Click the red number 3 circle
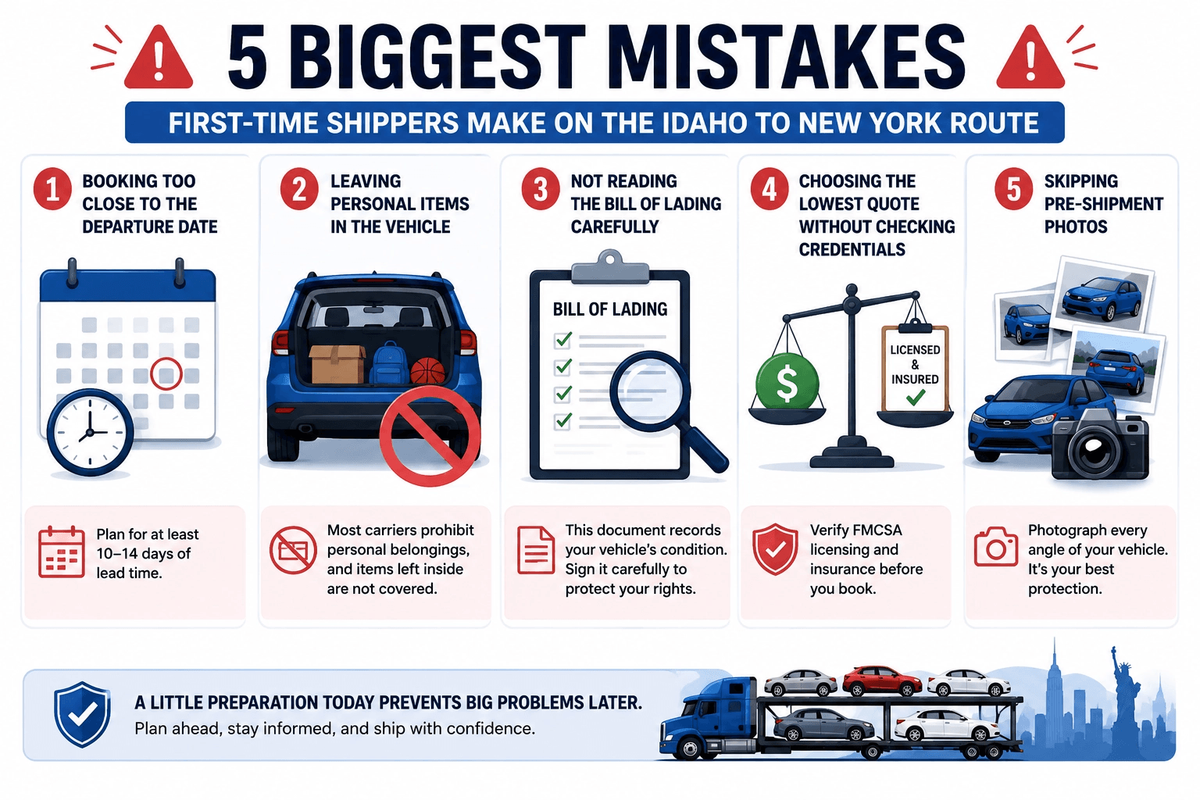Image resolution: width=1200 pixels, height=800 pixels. [x=541, y=190]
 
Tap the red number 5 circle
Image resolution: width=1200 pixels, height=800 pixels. [x=1013, y=190]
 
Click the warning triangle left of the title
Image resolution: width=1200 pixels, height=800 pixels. [x=159, y=58]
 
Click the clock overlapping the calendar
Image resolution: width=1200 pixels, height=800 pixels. [x=90, y=432]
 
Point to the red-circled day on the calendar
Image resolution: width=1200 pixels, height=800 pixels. [x=166, y=373]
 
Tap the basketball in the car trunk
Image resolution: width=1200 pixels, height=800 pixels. [x=427, y=371]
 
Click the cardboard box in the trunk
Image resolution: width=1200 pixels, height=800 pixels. [x=337, y=364]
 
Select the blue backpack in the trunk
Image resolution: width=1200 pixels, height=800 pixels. [x=390, y=363]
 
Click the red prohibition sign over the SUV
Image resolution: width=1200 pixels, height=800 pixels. [x=430, y=436]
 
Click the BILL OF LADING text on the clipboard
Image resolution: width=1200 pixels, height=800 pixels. [x=609, y=309]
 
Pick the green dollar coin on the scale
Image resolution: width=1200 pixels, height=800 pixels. [x=787, y=383]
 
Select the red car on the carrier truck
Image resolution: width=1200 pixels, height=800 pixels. [x=882, y=680]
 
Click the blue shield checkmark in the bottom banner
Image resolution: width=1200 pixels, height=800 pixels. [x=82, y=714]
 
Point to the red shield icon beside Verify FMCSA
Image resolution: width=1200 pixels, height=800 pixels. [x=775, y=549]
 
